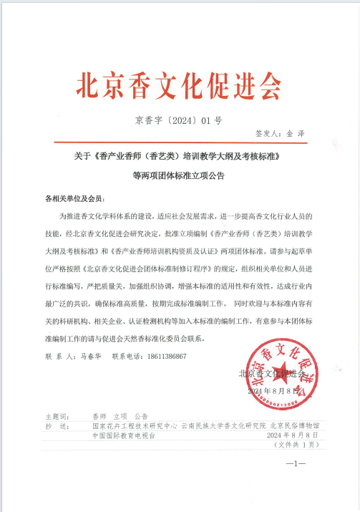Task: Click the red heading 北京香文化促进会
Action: point(178,87)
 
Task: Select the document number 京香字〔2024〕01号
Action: point(179,120)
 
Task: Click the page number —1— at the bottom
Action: point(296,465)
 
